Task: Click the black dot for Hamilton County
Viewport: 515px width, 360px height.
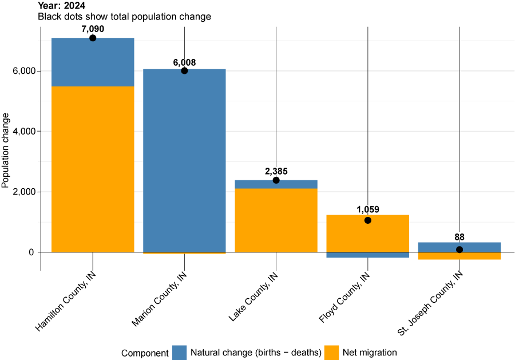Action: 93,38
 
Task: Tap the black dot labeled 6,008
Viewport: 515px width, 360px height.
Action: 184,70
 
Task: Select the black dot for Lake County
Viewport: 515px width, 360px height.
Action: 276,180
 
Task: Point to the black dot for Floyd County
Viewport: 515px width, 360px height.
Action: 367,220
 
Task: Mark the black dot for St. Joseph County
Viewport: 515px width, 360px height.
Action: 459,250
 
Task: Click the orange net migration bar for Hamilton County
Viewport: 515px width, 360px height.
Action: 93,169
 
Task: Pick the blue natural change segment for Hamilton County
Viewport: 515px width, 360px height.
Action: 93,62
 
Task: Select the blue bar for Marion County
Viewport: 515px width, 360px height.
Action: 184,160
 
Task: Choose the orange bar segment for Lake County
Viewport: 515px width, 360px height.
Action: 276,220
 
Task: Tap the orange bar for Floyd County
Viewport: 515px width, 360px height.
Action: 367,235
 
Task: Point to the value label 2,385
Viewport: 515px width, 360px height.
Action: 276,171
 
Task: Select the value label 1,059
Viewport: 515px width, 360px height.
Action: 367,209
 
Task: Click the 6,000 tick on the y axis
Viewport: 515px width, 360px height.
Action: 22,71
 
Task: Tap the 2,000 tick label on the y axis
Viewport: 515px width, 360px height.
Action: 22,192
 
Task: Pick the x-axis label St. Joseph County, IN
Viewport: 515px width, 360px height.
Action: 430,303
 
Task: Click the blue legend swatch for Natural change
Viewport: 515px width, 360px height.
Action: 180,353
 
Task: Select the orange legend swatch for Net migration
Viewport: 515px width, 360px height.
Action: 332,353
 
